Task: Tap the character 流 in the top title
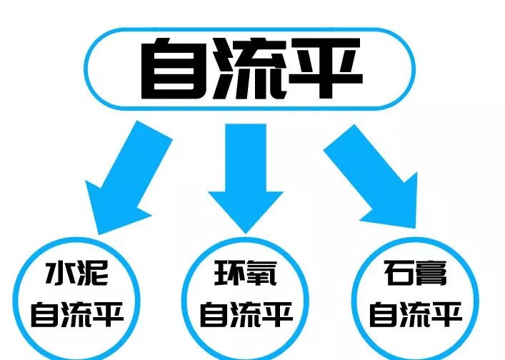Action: point(251,70)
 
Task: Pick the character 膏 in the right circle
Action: point(432,274)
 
